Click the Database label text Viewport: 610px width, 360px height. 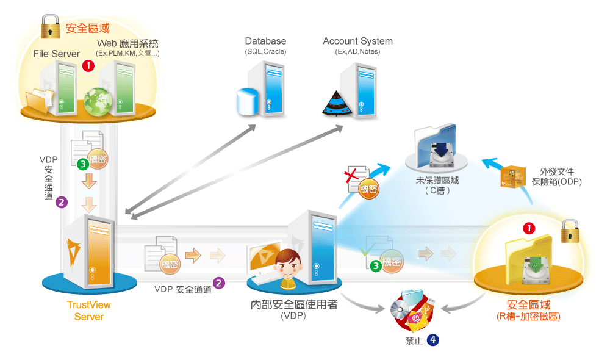(x=265, y=41)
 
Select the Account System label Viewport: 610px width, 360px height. (x=357, y=41)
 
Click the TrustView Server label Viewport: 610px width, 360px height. (x=89, y=311)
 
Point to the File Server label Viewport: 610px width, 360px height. (x=57, y=54)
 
